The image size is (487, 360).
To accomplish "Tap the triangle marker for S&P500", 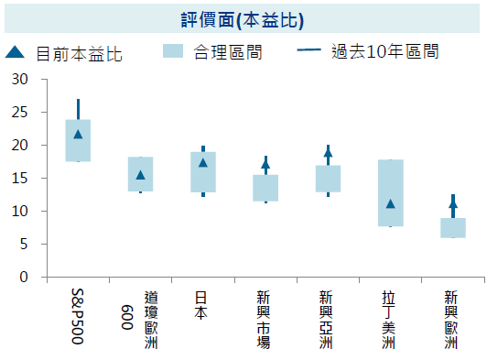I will click(x=78, y=135).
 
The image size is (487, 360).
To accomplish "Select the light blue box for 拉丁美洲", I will click(x=391, y=192).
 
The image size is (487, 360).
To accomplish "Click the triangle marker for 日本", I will click(x=203, y=163).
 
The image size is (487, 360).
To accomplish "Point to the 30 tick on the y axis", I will click(x=20, y=80).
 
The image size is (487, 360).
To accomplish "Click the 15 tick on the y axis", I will click(x=20, y=179).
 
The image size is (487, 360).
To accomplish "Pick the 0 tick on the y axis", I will click(x=24, y=277).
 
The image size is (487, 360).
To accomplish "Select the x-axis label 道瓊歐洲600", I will click(x=139, y=318).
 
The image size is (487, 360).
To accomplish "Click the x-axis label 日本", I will click(x=203, y=304).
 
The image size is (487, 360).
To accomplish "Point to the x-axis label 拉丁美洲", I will click(x=389, y=318).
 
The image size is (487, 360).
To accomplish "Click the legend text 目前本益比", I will click(x=79, y=54).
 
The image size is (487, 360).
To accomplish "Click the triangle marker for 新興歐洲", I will click(x=453, y=205).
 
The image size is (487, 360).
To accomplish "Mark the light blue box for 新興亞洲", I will click(x=328, y=179).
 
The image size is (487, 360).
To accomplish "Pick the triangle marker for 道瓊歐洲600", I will click(x=140, y=175).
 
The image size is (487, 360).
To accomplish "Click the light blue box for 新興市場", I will click(x=265, y=188).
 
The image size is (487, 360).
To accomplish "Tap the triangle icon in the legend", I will click(x=15, y=53).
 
